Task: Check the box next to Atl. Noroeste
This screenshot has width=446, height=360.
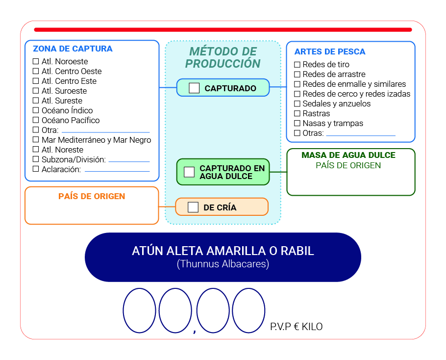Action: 36,61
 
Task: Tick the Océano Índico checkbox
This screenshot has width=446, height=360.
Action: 36,110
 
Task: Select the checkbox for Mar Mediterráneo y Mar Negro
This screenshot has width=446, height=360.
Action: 36,139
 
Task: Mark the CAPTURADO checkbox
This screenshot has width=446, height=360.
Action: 194,88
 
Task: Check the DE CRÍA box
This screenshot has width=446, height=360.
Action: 193,207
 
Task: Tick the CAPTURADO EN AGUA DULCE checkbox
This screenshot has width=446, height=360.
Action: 189,172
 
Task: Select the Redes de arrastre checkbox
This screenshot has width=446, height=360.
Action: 297,74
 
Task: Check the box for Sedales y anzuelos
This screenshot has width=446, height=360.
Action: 297,103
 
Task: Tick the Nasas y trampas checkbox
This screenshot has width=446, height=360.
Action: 297,123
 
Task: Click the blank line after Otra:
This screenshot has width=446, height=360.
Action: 106,132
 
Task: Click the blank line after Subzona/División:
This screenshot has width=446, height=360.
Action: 129,162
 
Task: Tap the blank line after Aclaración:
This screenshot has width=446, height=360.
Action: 117,171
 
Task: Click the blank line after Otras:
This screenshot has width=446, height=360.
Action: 361,135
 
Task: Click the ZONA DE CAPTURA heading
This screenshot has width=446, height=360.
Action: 73,49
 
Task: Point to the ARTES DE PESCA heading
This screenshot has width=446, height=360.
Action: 330,51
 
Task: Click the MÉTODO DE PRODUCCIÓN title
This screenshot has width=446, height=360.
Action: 223,57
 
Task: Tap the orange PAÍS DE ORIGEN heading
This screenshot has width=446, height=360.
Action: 92,196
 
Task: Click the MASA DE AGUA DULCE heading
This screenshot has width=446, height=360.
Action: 348,155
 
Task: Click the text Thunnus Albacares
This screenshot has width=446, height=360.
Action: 223,264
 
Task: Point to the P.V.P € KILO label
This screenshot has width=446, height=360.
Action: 297,327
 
